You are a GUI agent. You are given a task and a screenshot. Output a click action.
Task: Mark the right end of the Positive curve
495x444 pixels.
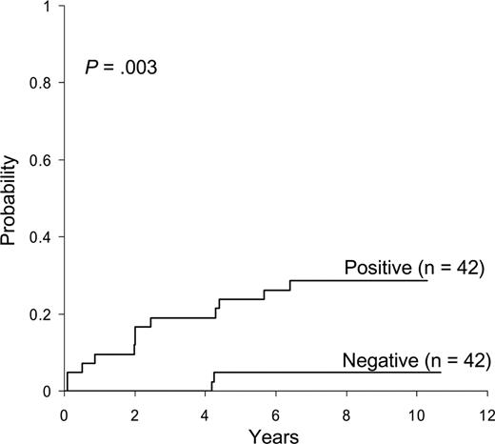pos(426,280)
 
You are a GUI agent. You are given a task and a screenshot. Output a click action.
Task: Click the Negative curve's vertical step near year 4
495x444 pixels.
pos(212,379)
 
